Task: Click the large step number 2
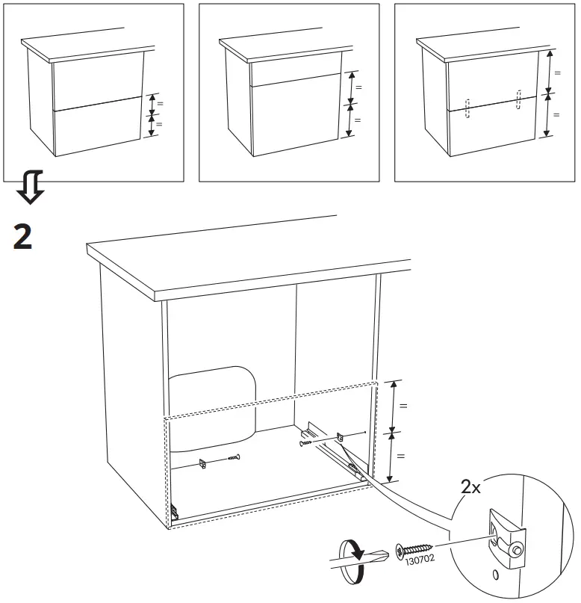[22, 237]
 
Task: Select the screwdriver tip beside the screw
[385, 556]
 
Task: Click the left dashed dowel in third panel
[467, 108]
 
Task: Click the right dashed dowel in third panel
[518, 99]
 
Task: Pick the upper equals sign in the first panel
[159, 102]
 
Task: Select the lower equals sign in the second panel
[357, 120]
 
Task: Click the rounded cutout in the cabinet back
[213, 407]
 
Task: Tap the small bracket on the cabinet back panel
[203, 463]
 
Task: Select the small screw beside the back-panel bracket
[234, 457]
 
